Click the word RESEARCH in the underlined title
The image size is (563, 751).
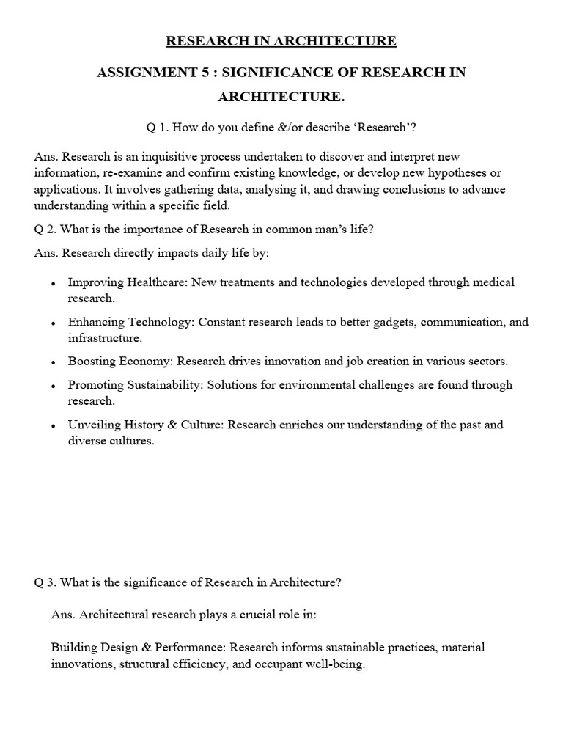[x=200, y=41]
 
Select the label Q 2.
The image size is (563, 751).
[x=45, y=230]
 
